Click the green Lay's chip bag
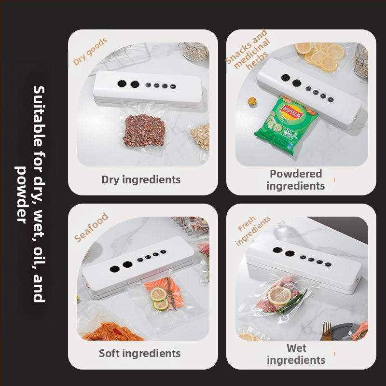click(286, 125)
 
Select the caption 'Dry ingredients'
click(141, 179)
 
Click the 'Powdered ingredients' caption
click(296, 179)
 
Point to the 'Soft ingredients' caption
click(140, 353)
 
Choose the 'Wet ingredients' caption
click(296, 354)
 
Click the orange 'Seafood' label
click(91, 227)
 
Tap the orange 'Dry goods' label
click(90, 51)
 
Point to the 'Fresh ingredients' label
click(252, 231)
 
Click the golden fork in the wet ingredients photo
click(327, 331)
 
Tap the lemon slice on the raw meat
click(280, 295)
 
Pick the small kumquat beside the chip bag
click(252, 101)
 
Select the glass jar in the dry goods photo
click(196, 51)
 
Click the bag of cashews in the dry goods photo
click(199, 138)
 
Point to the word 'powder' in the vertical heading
click(21, 195)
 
